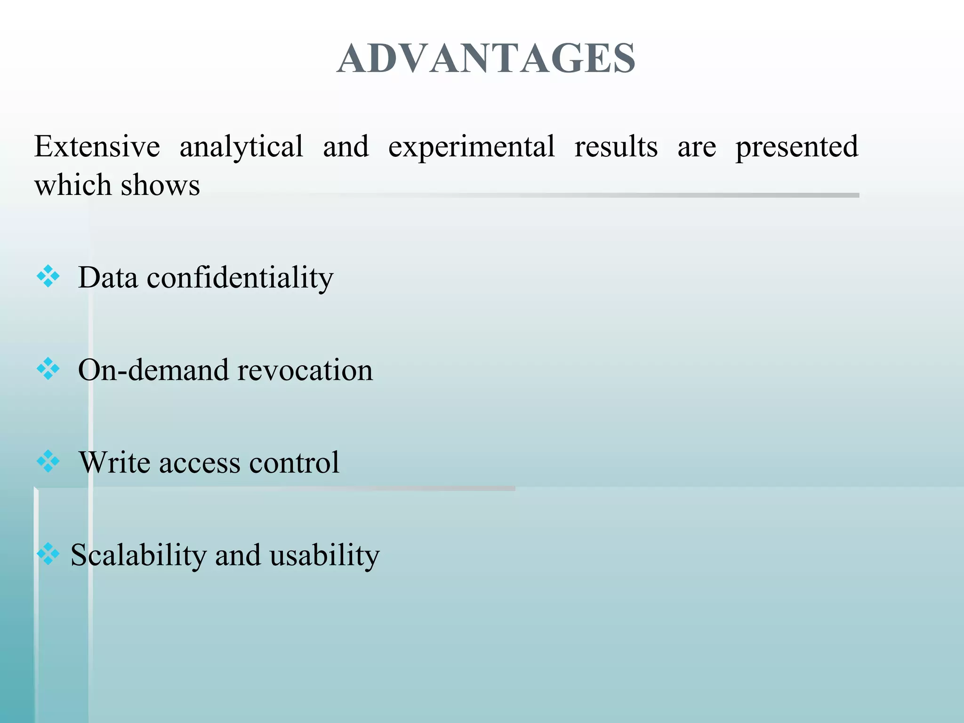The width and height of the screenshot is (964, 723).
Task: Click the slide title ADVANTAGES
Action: click(x=486, y=58)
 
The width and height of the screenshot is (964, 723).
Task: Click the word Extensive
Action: click(x=97, y=146)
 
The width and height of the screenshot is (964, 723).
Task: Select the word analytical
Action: click(x=241, y=146)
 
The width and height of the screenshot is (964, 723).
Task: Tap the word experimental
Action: click(x=471, y=146)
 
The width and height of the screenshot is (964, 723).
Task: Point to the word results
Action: click(x=616, y=146)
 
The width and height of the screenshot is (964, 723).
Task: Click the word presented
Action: click(x=797, y=146)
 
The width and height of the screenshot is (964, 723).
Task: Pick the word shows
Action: click(x=161, y=185)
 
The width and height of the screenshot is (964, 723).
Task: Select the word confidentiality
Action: click(x=240, y=278)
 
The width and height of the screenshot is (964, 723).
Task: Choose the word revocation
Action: click(x=305, y=370)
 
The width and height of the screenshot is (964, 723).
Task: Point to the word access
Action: click(x=200, y=463)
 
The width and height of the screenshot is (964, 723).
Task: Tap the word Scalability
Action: click(x=138, y=555)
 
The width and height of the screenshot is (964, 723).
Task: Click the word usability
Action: click(x=324, y=555)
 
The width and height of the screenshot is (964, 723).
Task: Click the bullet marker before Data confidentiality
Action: click(x=48, y=276)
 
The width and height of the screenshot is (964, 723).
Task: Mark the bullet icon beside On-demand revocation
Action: click(x=48, y=369)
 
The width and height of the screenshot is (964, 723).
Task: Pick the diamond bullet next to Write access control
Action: click(x=48, y=461)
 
